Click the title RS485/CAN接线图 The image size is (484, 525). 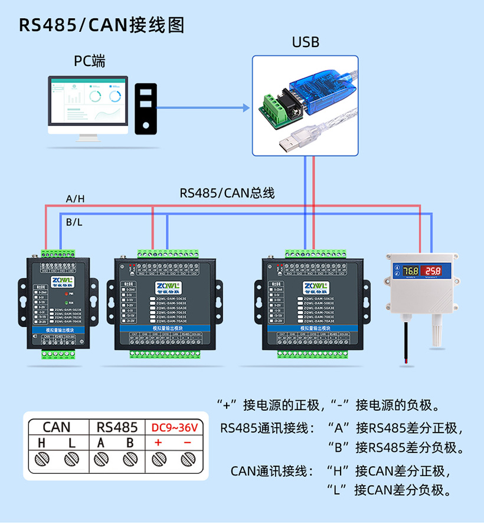tap(102, 25)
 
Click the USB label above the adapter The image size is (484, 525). tap(305, 42)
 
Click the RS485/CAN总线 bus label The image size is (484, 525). tap(227, 193)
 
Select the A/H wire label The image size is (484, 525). tap(75, 199)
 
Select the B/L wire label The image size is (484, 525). tap(74, 222)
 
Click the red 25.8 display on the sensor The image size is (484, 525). tap(433, 271)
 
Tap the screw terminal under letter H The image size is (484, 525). tap(42, 459)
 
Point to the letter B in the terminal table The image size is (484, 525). tap(130, 443)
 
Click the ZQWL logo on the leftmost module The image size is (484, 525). tap(61, 280)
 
